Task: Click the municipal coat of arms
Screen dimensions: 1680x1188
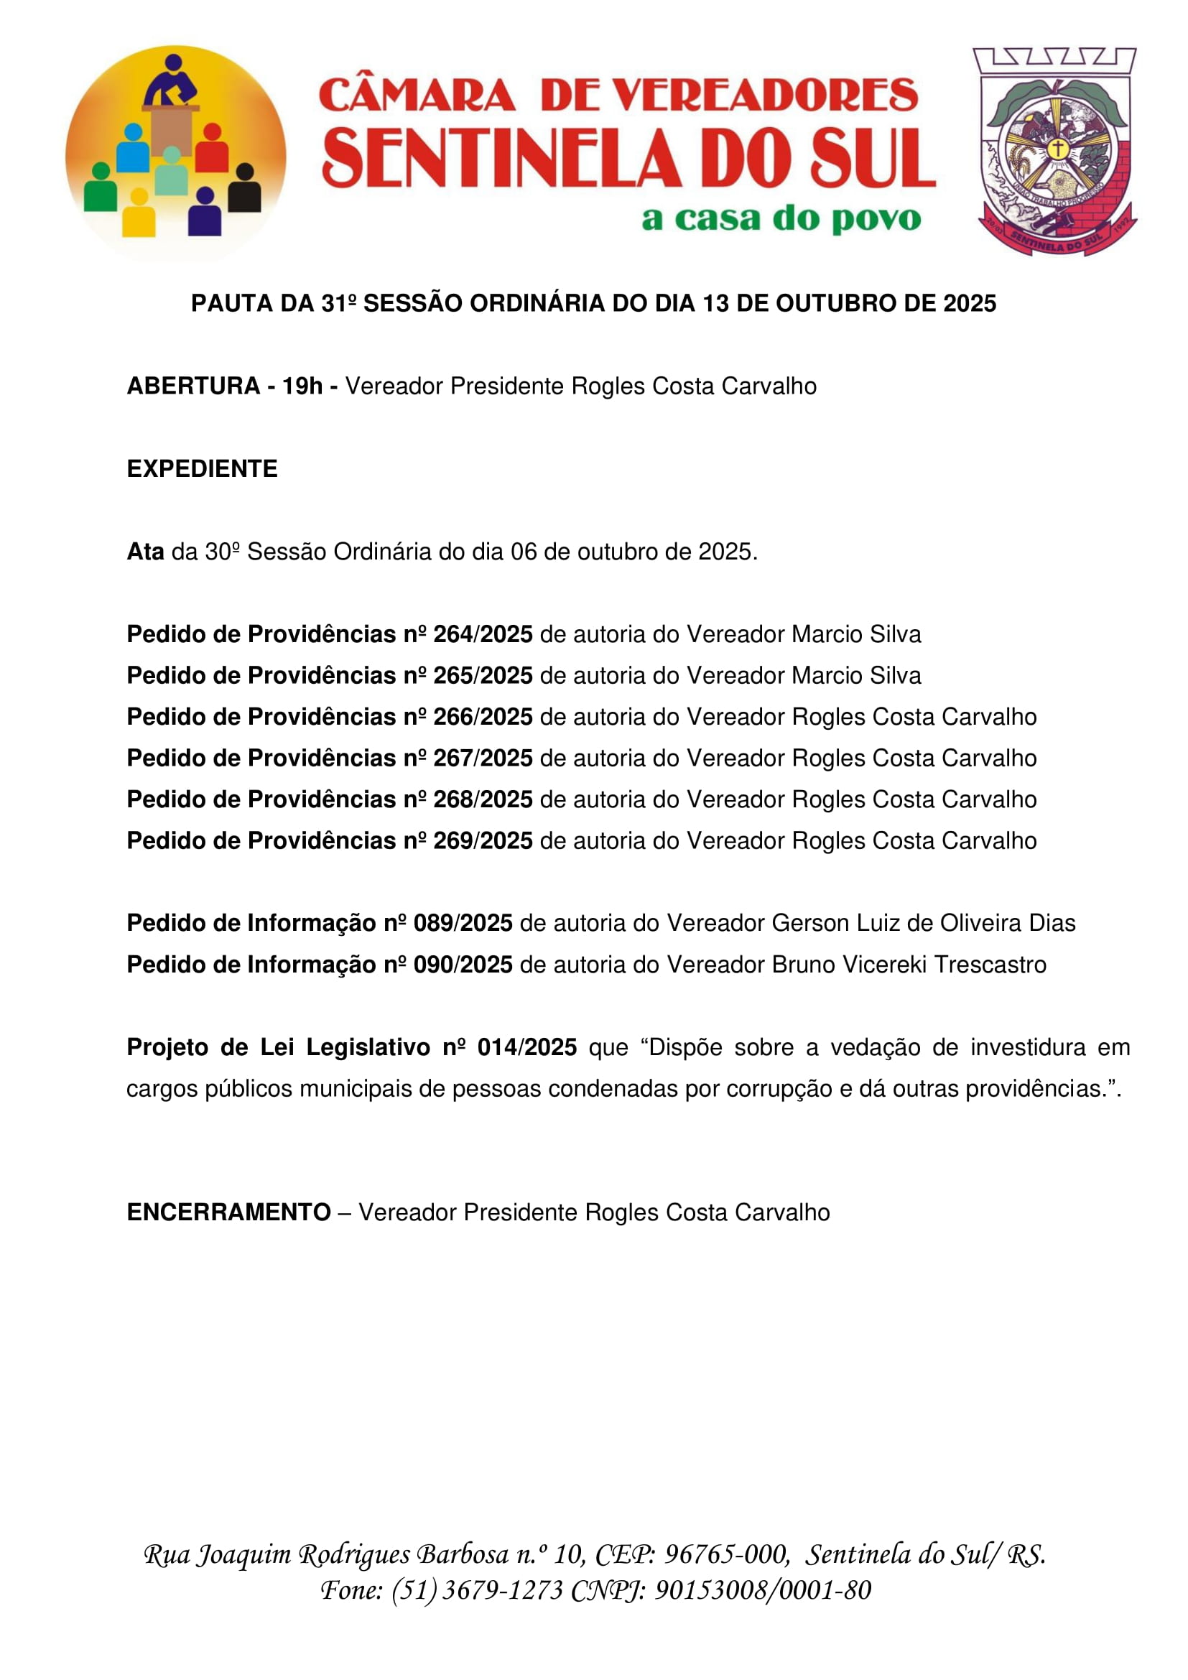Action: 1055,152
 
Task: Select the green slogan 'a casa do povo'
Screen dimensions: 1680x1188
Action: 781,218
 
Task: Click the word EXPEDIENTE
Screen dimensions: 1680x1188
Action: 202,468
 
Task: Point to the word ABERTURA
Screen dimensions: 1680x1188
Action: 193,386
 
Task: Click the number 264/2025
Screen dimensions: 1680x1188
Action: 483,634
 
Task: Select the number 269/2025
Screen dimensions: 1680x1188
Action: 483,840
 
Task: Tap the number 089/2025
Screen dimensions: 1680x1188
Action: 463,923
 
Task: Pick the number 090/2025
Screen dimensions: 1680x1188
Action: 463,965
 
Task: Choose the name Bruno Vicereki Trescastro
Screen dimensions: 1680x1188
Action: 909,965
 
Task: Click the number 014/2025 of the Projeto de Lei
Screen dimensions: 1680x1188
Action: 526,1047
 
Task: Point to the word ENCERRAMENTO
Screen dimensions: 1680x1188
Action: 228,1212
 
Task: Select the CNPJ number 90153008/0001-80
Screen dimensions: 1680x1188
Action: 762,1590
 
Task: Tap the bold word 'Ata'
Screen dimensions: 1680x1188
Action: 145,551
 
